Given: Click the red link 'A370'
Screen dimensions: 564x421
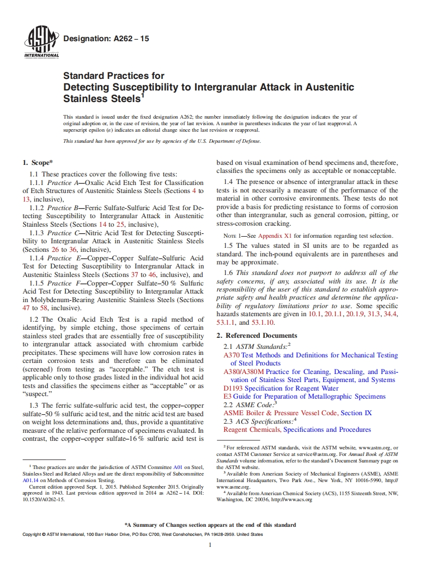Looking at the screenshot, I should click(x=232, y=355).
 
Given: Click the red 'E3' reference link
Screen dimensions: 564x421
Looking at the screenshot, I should click(x=228, y=397).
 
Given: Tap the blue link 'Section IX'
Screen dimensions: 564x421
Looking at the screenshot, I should click(x=356, y=413).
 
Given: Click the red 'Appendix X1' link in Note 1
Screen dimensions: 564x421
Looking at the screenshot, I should click(x=275, y=236).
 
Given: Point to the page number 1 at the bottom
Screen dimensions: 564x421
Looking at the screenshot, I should click(x=211, y=545).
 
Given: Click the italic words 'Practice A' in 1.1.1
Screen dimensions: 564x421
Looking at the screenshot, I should click(x=60, y=183).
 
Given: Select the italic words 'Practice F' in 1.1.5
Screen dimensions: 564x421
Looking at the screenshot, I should click(x=60, y=283).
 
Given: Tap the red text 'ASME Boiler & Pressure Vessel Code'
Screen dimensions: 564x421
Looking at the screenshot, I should click(x=280, y=413).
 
